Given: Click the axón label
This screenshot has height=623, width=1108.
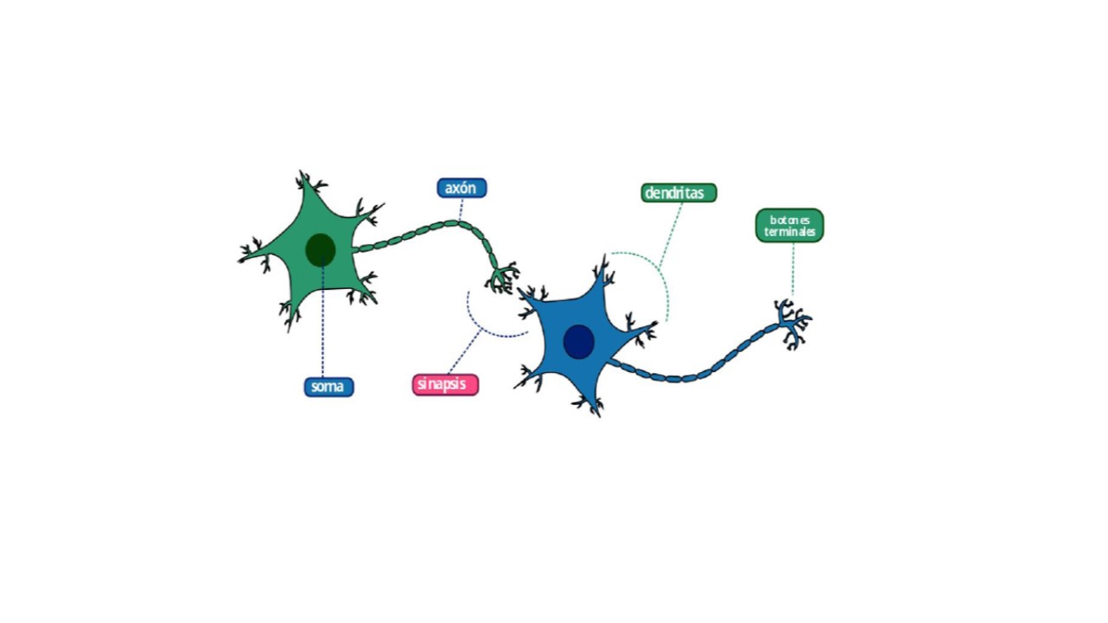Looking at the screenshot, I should click(461, 188).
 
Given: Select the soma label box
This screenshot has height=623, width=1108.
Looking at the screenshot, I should click(328, 387).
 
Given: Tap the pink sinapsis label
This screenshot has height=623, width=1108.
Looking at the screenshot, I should click(445, 384).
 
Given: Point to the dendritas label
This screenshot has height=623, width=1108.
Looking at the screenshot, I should click(679, 193).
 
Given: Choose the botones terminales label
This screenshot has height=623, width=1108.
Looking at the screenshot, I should click(789, 225).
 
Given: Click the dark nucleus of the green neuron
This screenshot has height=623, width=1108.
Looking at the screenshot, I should click(320, 249).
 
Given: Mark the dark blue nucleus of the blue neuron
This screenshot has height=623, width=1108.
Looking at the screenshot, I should click(578, 342).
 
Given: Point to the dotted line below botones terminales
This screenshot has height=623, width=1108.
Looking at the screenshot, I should click(792, 270).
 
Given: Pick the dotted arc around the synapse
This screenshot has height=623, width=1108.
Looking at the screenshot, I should click(485, 324).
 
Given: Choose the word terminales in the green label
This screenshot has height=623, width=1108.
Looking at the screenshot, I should click(789, 232).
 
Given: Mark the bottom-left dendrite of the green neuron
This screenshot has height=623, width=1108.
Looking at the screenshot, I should click(289, 313).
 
